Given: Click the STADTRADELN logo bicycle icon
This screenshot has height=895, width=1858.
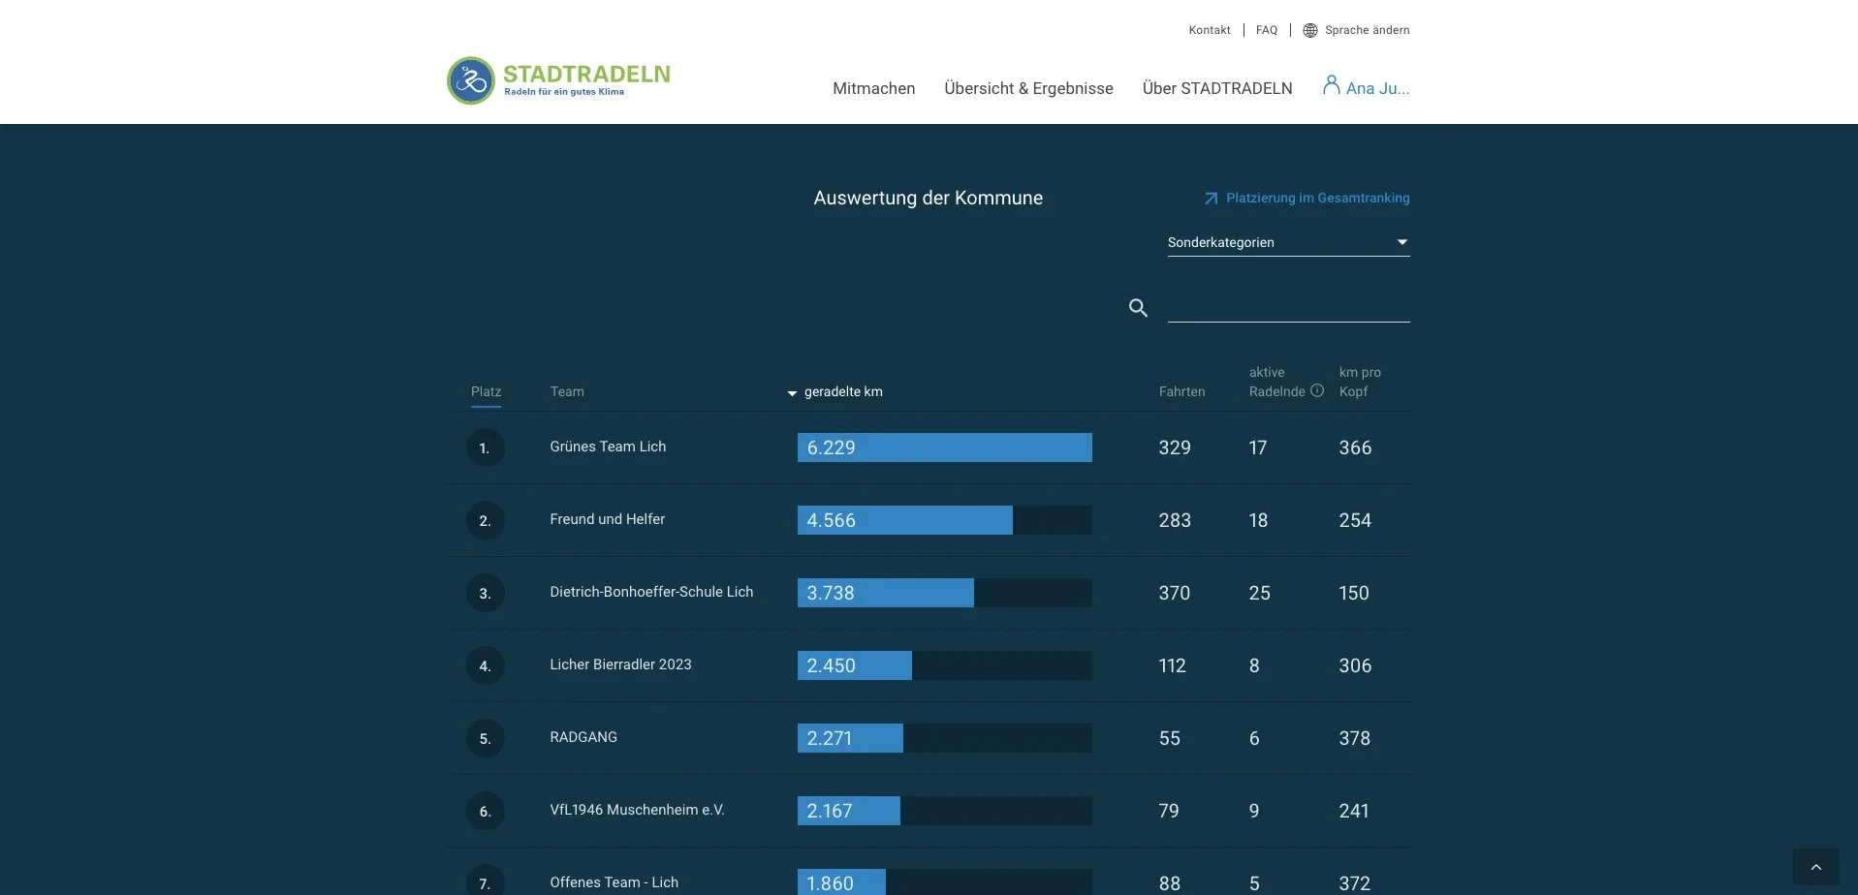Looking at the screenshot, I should (x=471, y=80).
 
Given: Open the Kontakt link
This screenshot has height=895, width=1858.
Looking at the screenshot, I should (x=1209, y=30).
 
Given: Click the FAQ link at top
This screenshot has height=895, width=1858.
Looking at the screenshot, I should (x=1266, y=30).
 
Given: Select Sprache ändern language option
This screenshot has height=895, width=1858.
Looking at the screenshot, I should (x=1356, y=30).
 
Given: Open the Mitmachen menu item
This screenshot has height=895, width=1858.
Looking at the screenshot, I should (x=873, y=88).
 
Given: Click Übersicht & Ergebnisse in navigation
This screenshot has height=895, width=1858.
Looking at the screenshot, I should (x=1028, y=88).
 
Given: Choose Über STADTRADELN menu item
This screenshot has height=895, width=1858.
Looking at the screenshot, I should (x=1216, y=88).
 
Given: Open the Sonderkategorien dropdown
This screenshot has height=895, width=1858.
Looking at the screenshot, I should (x=1287, y=242).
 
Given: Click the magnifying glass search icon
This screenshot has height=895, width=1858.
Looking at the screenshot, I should (x=1138, y=308).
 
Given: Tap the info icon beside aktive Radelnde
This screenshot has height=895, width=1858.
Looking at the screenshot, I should (x=1316, y=390).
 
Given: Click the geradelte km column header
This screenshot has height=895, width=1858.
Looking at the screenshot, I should (x=841, y=391).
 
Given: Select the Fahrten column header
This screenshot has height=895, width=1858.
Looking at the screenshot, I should (x=1181, y=391).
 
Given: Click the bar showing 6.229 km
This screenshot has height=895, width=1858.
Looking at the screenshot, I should (x=944, y=447).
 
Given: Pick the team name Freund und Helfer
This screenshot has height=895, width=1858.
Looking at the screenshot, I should (x=607, y=519).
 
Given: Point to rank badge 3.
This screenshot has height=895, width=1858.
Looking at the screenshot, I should (x=485, y=593).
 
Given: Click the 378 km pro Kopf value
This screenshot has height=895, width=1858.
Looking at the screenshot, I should (x=1354, y=738).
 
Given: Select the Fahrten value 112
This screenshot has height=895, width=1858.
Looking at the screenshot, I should (x=1172, y=665).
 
